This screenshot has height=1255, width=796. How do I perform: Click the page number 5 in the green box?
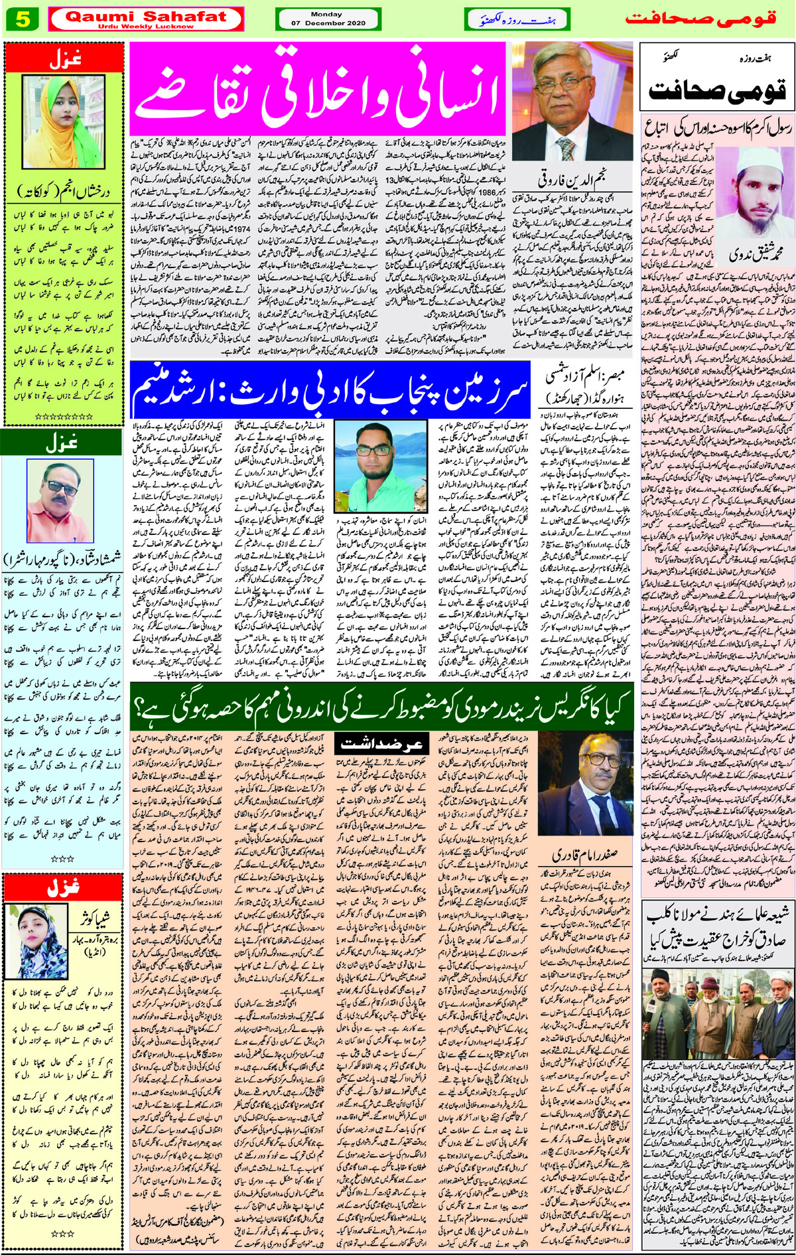[23, 20]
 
